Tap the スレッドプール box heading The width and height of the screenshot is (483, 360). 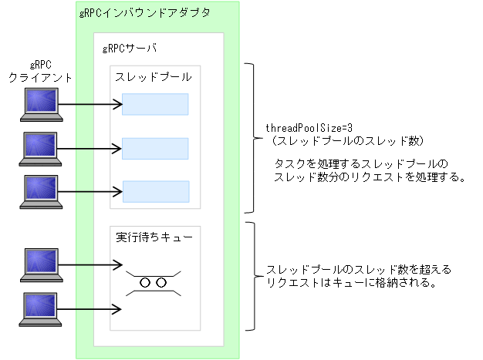(154, 77)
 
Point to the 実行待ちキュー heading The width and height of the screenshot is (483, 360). (154, 237)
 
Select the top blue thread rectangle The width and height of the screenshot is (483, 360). (155, 104)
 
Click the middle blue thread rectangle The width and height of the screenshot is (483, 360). (155, 148)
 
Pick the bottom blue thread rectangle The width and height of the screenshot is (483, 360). (155, 191)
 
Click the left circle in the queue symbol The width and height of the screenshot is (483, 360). (145, 283)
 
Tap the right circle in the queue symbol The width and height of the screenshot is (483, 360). (160, 283)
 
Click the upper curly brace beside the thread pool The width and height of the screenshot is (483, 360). (252, 139)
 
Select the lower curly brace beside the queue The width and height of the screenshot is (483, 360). (252, 275)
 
